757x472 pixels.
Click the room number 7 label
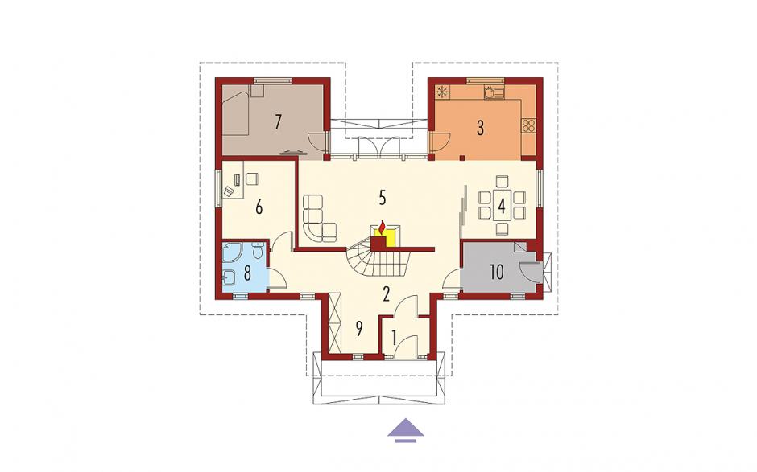tap(278, 122)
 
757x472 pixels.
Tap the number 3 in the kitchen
tap(480, 128)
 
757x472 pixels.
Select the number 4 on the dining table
tap(502, 207)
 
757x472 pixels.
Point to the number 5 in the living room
tap(383, 198)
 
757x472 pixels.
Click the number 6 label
tap(259, 207)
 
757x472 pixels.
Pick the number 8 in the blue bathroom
tap(247, 273)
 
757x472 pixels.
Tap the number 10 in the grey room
tap(497, 272)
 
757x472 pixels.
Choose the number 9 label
tap(358, 329)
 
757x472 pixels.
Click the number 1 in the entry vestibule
tap(394, 338)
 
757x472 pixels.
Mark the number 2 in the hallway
tap(386, 293)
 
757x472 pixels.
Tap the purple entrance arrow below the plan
tap(406, 430)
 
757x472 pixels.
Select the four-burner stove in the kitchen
tap(528, 125)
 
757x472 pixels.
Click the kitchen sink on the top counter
tap(494, 92)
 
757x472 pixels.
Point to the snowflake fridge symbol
tap(442, 91)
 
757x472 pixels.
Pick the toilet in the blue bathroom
tap(259, 250)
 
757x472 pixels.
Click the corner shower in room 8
tap(232, 252)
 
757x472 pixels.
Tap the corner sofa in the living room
tap(319, 219)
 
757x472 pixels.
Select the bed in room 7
tap(237, 112)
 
